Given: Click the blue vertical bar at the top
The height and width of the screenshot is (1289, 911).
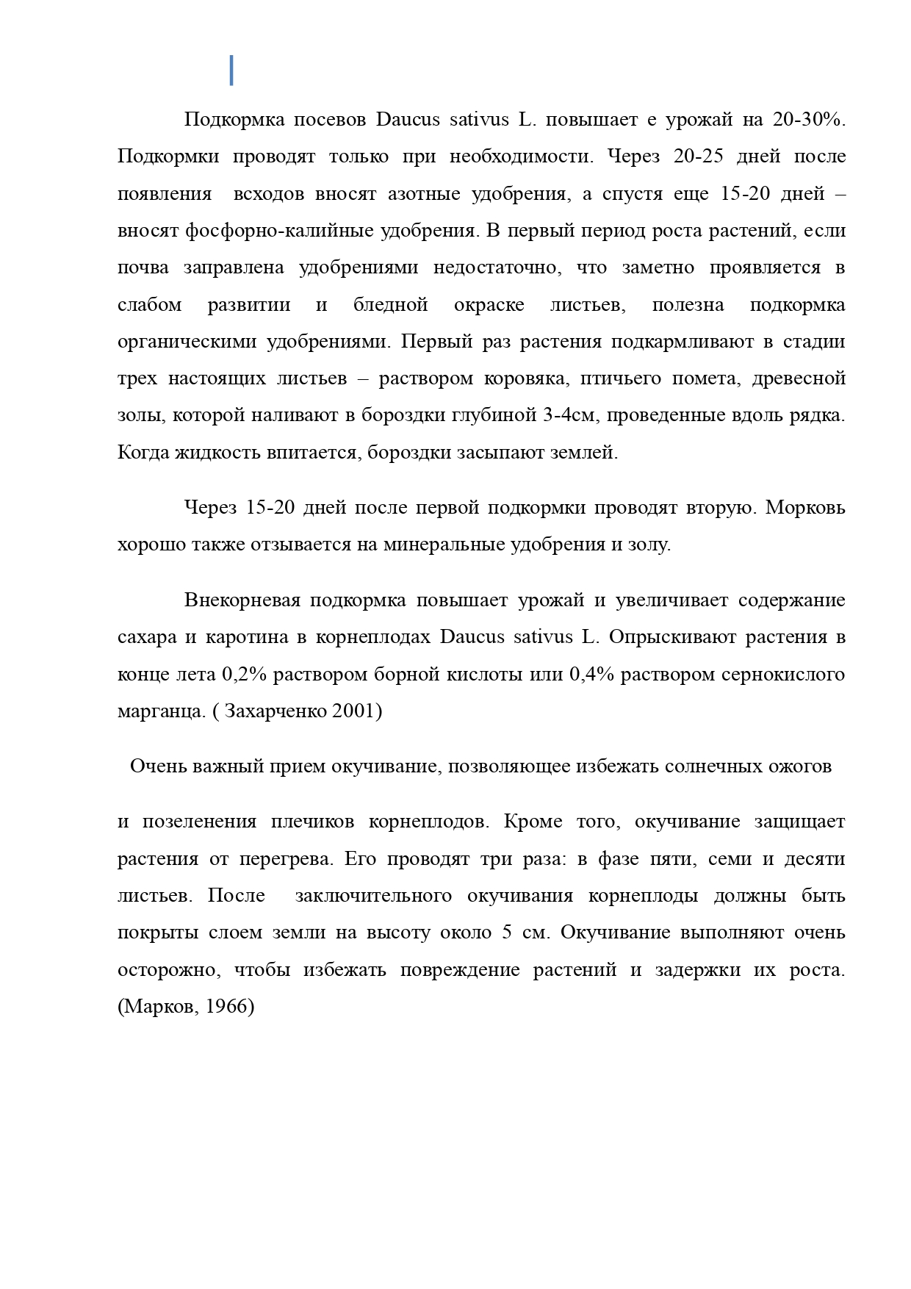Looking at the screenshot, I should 231,70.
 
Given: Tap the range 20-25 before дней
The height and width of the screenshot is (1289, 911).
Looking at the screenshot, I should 698,157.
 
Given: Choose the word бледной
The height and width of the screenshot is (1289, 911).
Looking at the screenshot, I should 391,305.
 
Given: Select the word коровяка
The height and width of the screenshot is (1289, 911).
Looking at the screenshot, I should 525,379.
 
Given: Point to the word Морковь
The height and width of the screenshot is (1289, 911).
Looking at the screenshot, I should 806,508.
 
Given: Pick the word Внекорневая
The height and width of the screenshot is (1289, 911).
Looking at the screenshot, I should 242,600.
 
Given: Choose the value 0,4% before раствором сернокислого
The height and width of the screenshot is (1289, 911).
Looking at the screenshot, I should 591,675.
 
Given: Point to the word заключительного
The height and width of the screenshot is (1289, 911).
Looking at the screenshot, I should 373,896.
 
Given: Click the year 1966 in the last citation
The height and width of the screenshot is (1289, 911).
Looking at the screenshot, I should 227,1006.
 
